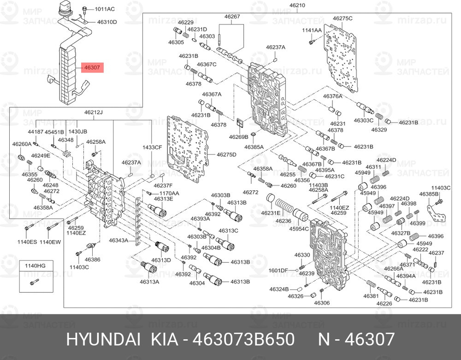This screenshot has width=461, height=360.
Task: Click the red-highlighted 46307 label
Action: click(x=92, y=68)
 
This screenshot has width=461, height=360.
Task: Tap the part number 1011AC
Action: click(x=105, y=9)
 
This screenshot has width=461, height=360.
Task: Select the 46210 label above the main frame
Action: click(x=297, y=5)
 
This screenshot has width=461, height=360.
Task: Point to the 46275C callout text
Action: click(x=343, y=18)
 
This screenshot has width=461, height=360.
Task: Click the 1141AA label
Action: click(x=312, y=30)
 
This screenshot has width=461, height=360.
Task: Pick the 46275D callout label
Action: click(x=226, y=154)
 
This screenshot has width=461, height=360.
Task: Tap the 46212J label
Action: click(x=94, y=112)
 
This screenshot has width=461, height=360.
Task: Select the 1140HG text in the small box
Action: click(x=35, y=266)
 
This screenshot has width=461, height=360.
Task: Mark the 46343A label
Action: click(x=118, y=241)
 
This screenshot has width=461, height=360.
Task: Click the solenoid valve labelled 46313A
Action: click(x=149, y=267)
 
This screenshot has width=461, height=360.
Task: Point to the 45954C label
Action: click(x=299, y=229)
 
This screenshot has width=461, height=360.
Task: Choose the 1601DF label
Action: click(x=278, y=271)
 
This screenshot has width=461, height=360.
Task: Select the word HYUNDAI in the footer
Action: click(x=103, y=339)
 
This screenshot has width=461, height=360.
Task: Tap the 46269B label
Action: click(x=239, y=136)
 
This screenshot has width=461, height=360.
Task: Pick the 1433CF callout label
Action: click(x=152, y=147)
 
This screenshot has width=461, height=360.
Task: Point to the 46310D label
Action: click(x=107, y=22)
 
